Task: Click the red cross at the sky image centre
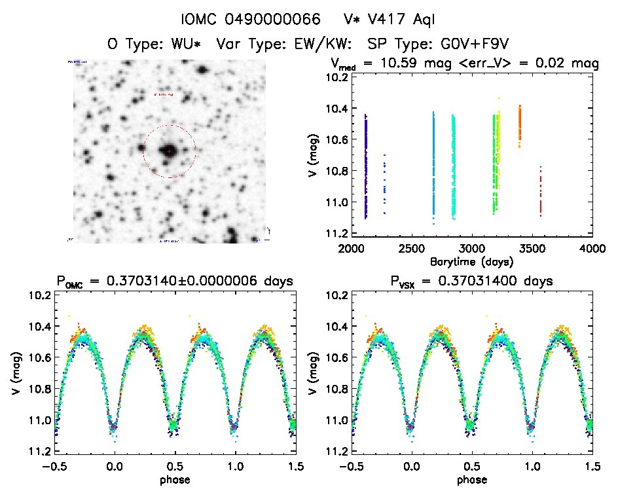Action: point(169,151)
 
